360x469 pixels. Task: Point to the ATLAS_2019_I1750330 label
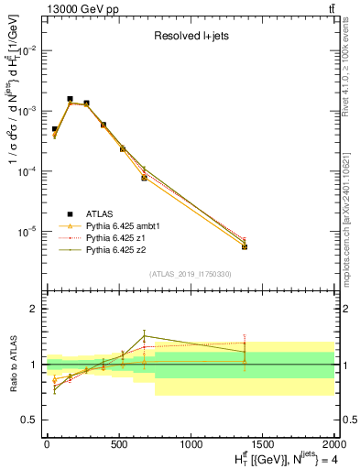189,274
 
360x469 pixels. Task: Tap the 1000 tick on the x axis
191,445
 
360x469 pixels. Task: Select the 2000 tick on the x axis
333,445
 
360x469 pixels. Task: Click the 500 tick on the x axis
119,445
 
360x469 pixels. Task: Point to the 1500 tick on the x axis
263,445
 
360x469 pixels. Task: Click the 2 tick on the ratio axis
35,310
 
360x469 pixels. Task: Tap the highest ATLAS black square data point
70,99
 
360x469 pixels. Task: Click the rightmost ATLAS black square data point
245,246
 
